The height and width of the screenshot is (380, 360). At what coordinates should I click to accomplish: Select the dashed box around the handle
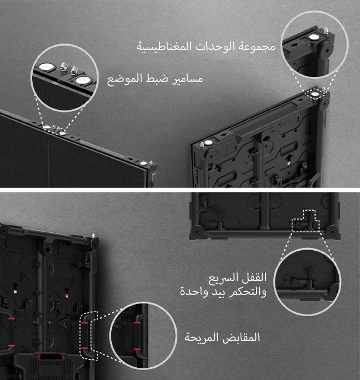pos(89,335)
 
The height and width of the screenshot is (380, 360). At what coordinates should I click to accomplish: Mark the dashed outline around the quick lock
pos(305,220)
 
